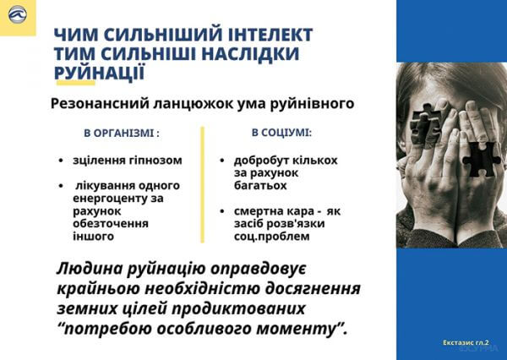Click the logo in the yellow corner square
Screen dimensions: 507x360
18,15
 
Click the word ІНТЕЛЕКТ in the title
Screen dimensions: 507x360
270,35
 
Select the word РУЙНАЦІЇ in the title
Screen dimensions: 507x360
99,73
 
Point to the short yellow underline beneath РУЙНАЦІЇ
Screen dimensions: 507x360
76,83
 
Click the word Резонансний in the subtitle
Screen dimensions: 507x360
101,104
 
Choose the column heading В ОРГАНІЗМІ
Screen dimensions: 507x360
122,134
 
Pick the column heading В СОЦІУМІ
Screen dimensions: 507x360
281,133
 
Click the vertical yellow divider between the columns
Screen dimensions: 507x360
203,185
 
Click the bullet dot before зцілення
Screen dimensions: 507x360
61,161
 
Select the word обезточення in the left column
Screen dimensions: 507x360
111,223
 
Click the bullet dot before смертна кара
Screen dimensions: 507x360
221,211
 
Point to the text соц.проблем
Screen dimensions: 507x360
272,237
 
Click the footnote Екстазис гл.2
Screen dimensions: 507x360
466,342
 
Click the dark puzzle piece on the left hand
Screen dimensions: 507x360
426,124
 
